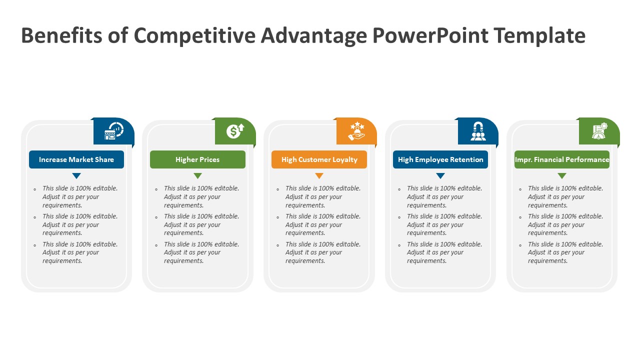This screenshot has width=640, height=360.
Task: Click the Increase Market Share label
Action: [x=76, y=159]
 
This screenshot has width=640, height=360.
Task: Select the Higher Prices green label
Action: [x=197, y=159]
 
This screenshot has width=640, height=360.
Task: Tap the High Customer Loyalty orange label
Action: [x=319, y=159]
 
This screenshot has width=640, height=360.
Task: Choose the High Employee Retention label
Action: [x=440, y=159]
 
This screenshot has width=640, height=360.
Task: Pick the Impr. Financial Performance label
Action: [x=562, y=159]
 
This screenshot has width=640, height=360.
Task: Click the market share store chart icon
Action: [x=113, y=131]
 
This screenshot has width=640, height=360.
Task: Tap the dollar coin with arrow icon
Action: [x=235, y=131]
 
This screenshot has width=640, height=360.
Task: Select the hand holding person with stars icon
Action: [x=356, y=131]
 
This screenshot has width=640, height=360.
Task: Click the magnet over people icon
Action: [x=478, y=131]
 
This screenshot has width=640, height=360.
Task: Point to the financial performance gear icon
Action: [x=599, y=131]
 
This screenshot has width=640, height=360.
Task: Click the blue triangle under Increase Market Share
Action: [x=76, y=175]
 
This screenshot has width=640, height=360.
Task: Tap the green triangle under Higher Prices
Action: [x=197, y=175]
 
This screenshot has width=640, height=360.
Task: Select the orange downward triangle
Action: [x=319, y=175]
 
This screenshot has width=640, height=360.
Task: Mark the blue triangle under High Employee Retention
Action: [x=440, y=175]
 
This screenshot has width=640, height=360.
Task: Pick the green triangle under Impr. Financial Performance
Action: [x=562, y=175]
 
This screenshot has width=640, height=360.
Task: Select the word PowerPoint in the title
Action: [x=430, y=36]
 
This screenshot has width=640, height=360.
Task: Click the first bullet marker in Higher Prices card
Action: [x=156, y=189]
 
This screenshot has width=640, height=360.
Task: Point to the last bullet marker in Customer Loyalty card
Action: [x=278, y=245]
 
